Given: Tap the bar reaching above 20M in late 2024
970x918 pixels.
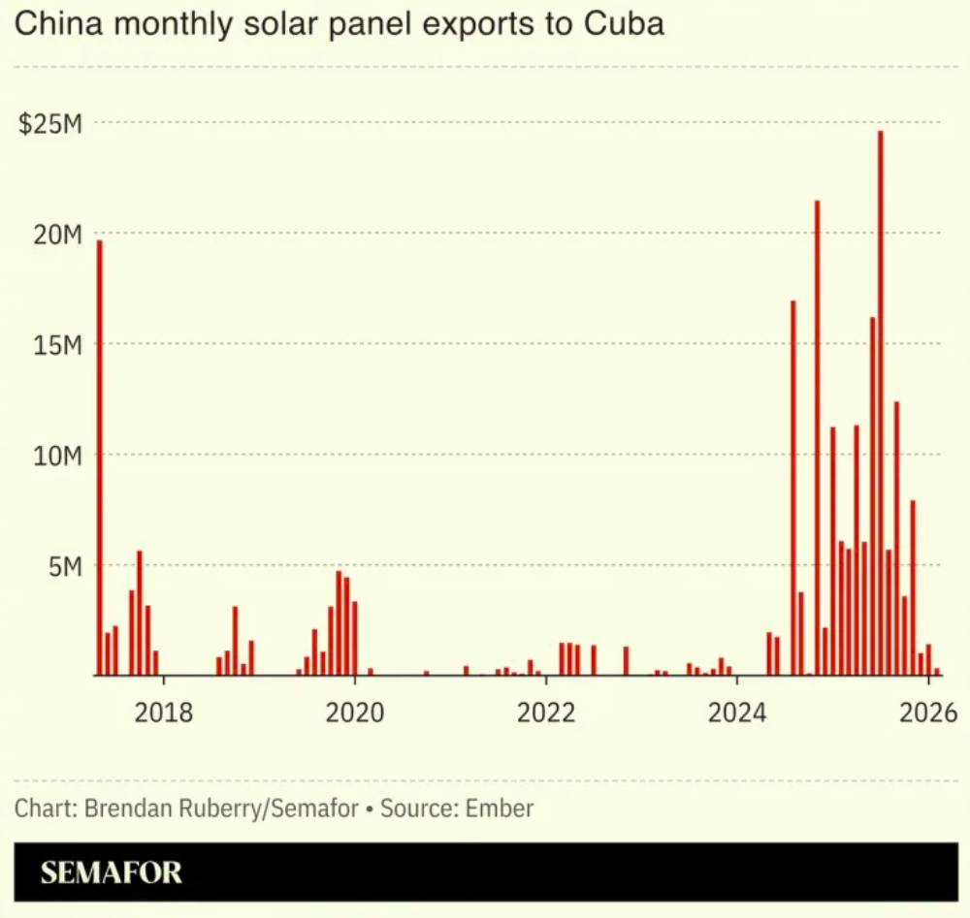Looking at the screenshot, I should [x=817, y=436].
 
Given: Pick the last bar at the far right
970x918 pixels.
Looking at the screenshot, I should [x=937, y=671].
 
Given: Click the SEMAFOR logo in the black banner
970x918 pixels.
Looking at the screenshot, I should [x=111, y=872].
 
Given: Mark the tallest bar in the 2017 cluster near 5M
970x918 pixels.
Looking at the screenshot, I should [x=140, y=613].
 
